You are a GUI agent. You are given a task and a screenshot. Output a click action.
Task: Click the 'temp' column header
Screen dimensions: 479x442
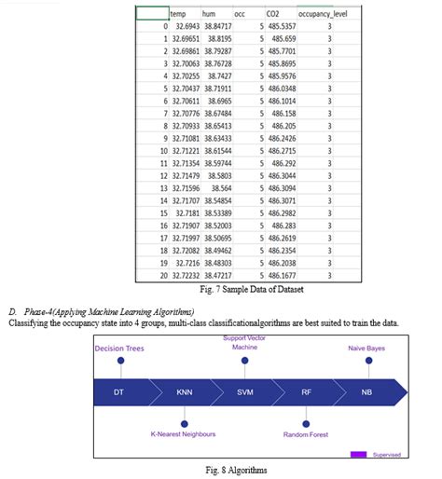pyautogui.click(x=180, y=15)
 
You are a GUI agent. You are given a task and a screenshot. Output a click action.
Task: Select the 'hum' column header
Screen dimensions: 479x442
pyautogui.click(x=211, y=15)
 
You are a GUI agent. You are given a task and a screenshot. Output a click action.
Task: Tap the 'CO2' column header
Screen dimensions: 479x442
pyautogui.click(x=272, y=15)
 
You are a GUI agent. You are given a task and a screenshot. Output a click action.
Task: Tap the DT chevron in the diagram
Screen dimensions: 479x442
pyautogui.click(x=119, y=392)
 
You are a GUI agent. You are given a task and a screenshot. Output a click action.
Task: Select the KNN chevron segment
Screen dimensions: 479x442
pyautogui.click(x=184, y=392)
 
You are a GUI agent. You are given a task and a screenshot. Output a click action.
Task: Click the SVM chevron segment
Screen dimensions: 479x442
pyautogui.click(x=245, y=392)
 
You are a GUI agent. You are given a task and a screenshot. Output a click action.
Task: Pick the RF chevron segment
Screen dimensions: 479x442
pyautogui.click(x=306, y=392)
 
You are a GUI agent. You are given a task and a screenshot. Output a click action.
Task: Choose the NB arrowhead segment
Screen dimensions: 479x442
pyautogui.click(x=367, y=392)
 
